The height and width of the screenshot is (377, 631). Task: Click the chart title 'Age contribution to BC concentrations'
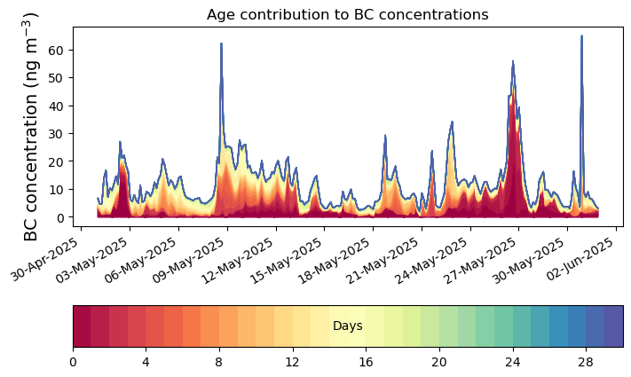[347, 14]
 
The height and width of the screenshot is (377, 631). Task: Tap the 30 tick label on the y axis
[59, 133]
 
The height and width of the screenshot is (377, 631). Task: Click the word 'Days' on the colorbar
[347, 326]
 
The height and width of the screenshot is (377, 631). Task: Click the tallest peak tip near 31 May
[581, 36]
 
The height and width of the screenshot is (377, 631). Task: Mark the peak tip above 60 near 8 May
[221, 43]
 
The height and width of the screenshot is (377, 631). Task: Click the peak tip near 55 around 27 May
[513, 61]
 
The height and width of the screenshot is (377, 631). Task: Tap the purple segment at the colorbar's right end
[613, 326]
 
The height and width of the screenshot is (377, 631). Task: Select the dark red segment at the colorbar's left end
[82, 326]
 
